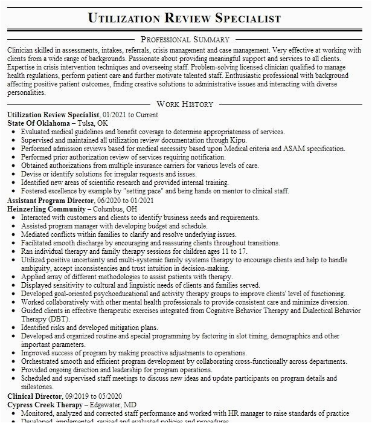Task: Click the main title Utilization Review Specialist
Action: click(x=184, y=18)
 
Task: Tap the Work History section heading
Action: click(x=184, y=105)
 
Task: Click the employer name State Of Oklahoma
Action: click(x=39, y=123)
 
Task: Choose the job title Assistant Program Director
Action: click(x=50, y=200)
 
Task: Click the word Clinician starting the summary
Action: click(x=24, y=49)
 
